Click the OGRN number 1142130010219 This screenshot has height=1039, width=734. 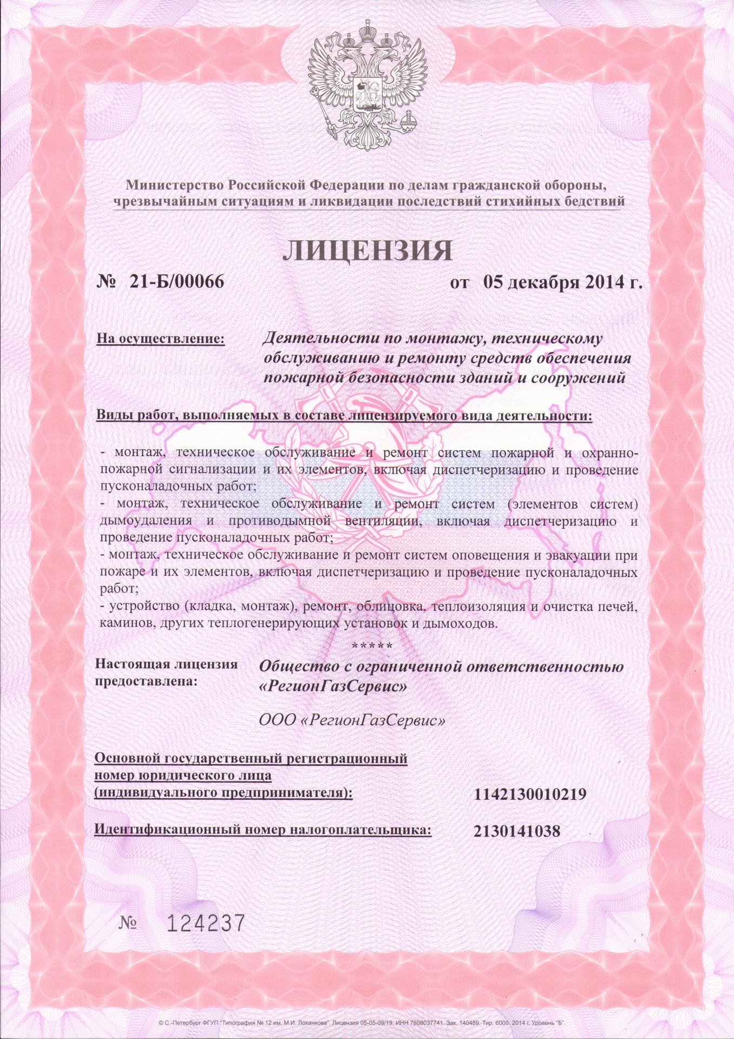(530, 795)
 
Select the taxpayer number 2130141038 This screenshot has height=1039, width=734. (516, 831)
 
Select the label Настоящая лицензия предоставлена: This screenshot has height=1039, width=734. (166, 672)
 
